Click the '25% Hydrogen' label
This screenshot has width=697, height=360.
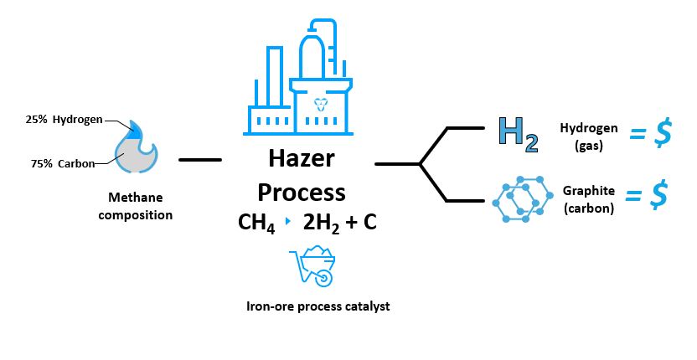(x=64, y=120)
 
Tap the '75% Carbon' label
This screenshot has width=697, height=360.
(x=63, y=163)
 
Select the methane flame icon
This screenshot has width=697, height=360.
(x=136, y=147)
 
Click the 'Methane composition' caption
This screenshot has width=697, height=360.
(x=136, y=206)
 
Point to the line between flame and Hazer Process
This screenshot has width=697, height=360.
(x=200, y=160)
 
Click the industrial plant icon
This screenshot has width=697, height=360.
(x=300, y=77)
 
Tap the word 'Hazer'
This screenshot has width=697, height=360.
(x=302, y=159)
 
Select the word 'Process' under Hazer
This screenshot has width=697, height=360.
(x=302, y=193)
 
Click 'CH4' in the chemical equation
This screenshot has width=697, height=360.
(x=256, y=223)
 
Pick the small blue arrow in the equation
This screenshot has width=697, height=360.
(x=288, y=221)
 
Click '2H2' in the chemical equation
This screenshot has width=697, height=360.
(x=321, y=223)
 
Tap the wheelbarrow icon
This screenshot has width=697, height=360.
(x=312, y=265)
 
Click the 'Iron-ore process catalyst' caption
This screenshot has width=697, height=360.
(x=318, y=306)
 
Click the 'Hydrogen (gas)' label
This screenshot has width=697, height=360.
(x=589, y=136)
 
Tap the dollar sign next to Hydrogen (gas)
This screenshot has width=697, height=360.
(x=663, y=133)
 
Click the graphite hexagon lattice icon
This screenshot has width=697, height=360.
(x=523, y=199)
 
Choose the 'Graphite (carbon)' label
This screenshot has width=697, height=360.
(x=589, y=199)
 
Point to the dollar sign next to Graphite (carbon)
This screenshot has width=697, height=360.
(x=658, y=195)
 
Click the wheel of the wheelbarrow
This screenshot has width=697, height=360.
(x=323, y=277)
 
